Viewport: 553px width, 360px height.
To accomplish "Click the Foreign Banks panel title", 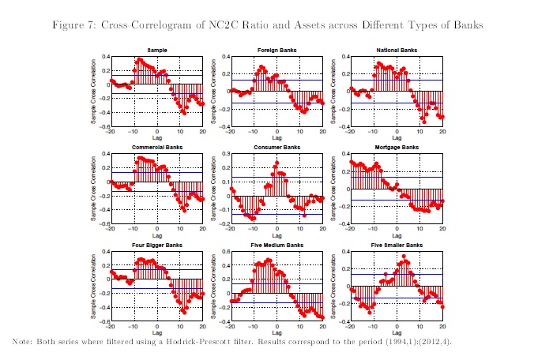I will click(276, 50).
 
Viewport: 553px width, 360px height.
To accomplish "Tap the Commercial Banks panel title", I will click(156, 148).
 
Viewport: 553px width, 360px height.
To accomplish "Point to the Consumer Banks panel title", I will click(276, 148).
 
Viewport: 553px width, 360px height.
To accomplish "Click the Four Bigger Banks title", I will click(156, 246).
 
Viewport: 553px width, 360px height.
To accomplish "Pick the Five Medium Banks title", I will click(276, 246).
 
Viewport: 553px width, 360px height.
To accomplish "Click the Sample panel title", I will click(156, 50).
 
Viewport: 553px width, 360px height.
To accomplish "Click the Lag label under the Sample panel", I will click(156, 139).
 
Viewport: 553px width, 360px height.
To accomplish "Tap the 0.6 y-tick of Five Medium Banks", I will click(224, 253).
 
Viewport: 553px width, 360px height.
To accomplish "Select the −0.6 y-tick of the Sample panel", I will click(103, 127).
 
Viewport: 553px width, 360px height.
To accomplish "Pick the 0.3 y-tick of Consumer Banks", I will click(224, 155).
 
